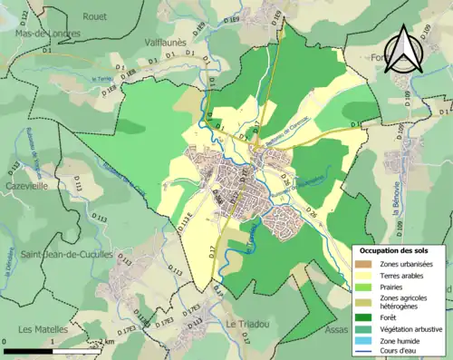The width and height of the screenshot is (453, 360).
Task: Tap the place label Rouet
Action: click(94, 15)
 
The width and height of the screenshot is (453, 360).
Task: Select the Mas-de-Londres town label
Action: click(48, 33)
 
